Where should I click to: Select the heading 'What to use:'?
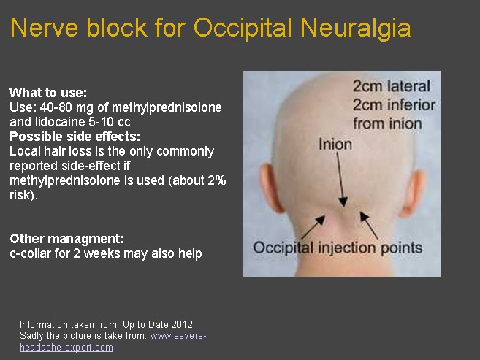point(48,93)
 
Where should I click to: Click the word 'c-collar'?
point(30,253)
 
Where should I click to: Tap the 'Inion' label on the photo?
point(335,144)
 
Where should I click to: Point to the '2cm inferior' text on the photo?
point(394,104)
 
